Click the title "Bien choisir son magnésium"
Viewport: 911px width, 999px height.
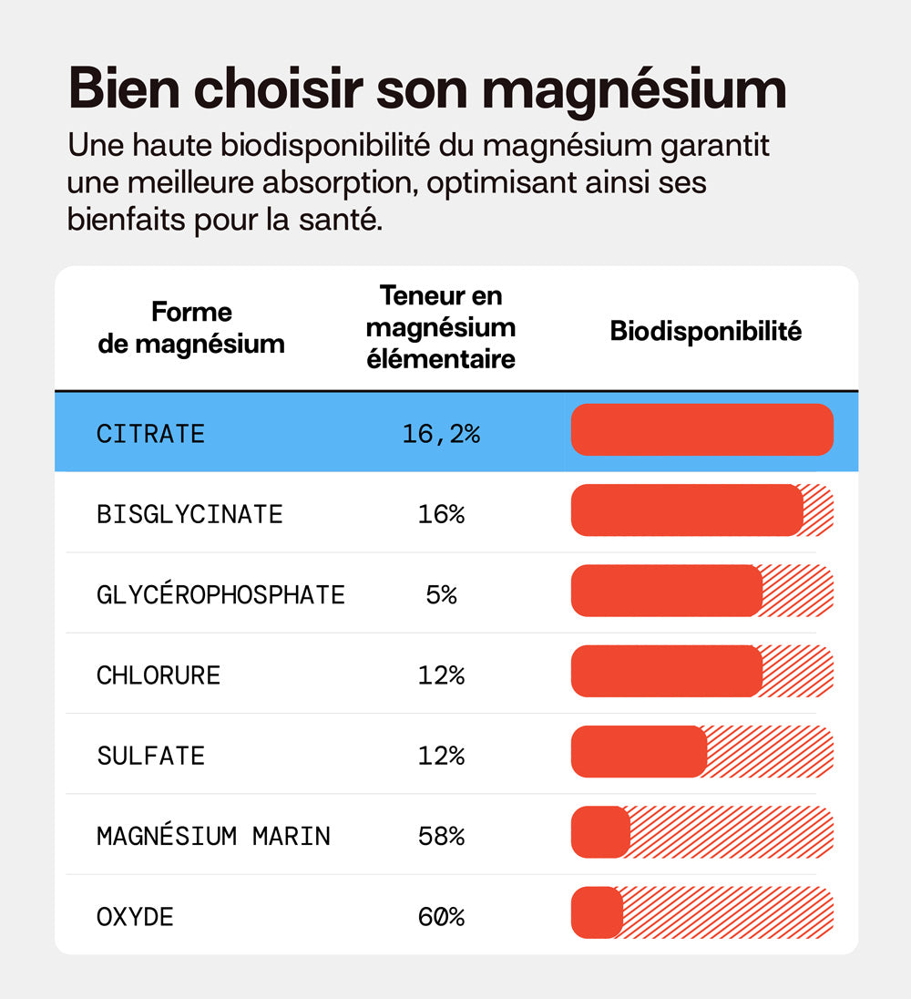[426, 89]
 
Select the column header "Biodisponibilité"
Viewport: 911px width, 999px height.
[705, 331]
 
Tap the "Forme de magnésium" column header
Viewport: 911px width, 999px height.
[191, 328]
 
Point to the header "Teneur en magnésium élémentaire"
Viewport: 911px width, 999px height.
[441, 327]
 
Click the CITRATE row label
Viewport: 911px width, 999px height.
[151, 434]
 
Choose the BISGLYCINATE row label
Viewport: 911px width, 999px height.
[189, 514]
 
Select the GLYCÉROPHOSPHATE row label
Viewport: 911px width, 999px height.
[220, 595]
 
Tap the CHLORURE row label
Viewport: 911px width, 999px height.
[159, 675]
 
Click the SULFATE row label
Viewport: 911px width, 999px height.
[151, 756]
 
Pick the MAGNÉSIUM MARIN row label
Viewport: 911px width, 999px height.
[213, 836]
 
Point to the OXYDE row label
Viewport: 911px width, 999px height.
[135, 916]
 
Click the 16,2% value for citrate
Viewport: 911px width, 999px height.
[441, 434]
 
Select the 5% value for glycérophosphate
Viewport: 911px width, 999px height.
[441, 595]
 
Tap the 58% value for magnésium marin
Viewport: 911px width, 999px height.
[441, 836]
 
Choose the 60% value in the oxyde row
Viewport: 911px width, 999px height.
[441, 916]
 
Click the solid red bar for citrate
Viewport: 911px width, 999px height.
[701, 429]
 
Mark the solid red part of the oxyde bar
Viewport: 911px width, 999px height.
[596, 912]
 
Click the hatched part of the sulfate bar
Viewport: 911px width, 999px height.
[770, 752]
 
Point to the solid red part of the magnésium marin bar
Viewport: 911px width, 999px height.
[599, 832]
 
